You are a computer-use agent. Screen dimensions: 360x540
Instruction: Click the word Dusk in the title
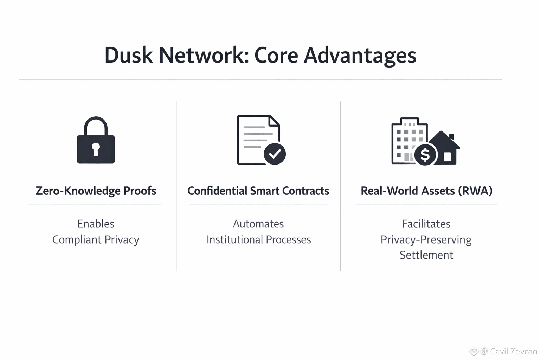point(129,56)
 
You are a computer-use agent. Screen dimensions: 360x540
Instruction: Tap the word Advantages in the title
point(360,56)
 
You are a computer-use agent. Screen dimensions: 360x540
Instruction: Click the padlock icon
point(96,140)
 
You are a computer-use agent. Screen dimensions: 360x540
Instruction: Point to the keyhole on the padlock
point(96,149)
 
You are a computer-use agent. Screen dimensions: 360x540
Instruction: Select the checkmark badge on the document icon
point(275,154)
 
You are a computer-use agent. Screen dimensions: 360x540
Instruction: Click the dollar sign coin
point(425,155)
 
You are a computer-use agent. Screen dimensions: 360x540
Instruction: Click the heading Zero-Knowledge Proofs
point(96,191)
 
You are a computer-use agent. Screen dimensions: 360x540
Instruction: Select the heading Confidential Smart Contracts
point(258,191)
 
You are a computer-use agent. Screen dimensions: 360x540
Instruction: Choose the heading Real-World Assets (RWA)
point(426,191)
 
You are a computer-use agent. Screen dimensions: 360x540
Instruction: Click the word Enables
point(96,224)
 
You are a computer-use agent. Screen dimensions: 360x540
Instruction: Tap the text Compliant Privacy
point(96,239)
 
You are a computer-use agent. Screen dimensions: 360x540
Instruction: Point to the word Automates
point(258,224)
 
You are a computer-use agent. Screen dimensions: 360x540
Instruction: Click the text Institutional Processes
point(258,239)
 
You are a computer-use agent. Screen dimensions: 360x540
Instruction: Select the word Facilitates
point(426,224)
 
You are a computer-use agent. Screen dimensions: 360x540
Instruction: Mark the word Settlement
point(426,255)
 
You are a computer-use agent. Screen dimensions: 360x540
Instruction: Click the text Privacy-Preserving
point(426,239)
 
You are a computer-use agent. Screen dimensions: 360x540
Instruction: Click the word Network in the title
point(204,56)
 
